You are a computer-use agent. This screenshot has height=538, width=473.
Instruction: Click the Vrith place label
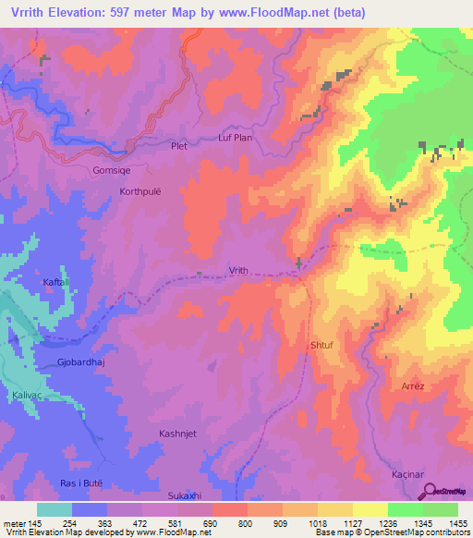click(238, 270)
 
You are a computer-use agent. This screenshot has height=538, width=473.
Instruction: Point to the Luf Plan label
click(235, 138)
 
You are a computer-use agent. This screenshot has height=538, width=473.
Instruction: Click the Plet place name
click(179, 145)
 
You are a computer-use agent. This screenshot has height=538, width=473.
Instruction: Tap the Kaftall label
click(56, 281)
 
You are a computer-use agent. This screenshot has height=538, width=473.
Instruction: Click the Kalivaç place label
click(28, 395)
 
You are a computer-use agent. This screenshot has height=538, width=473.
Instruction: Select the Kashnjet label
click(180, 434)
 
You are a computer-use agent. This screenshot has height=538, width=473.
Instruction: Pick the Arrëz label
click(412, 385)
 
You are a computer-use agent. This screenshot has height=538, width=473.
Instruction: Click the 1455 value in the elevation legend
click(457, 523)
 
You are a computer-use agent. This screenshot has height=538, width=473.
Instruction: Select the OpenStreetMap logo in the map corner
click(448, 492)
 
